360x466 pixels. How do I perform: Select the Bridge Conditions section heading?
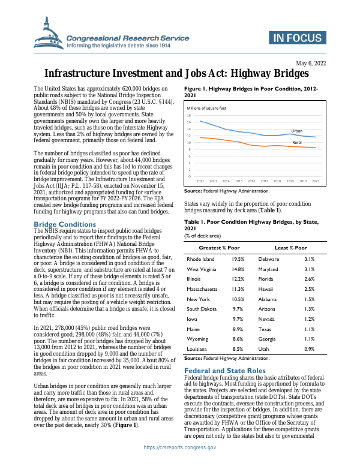click(x=62, y=224)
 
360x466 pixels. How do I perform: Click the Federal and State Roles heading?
click(x=224, y=370)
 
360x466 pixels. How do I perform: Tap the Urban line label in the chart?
click(x=296, y=130)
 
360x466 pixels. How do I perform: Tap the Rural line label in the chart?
click(x=296, y=143)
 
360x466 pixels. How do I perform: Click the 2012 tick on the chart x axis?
click(x=200, y=181)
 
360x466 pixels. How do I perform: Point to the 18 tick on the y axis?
click(x=189, y=115)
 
